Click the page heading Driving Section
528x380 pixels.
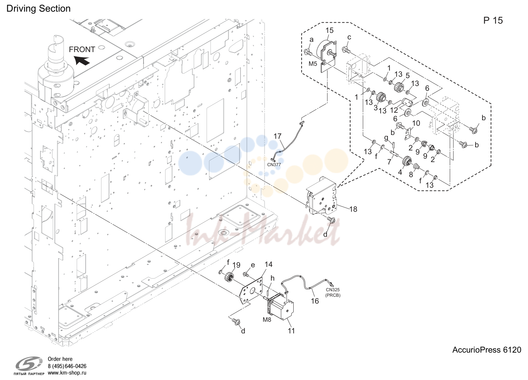pos(38,9)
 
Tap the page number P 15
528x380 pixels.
pos(493,21)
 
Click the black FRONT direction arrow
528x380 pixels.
pos(82,61)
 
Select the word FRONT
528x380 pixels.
pos(82,49)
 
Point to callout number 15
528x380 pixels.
pos(330,30)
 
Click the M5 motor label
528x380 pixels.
pos(313,64)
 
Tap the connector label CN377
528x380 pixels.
pos(274,165)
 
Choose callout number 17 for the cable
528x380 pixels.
pos(278,136)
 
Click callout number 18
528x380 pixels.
pos(353,209)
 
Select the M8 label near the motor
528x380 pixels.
pos(267,320)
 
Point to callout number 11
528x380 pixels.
pos(291,331)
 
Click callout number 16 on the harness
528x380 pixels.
pos(315,301)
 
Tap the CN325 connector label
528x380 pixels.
pos(333,290)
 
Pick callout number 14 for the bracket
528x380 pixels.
pos(269,265)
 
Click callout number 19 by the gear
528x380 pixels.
pos(236,265)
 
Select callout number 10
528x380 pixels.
pos(416,123)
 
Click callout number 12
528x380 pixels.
pos(394,110)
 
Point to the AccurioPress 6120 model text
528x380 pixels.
pos(487,350)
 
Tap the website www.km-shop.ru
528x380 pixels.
pos(67,373)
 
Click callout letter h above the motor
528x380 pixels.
pos(272,278)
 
